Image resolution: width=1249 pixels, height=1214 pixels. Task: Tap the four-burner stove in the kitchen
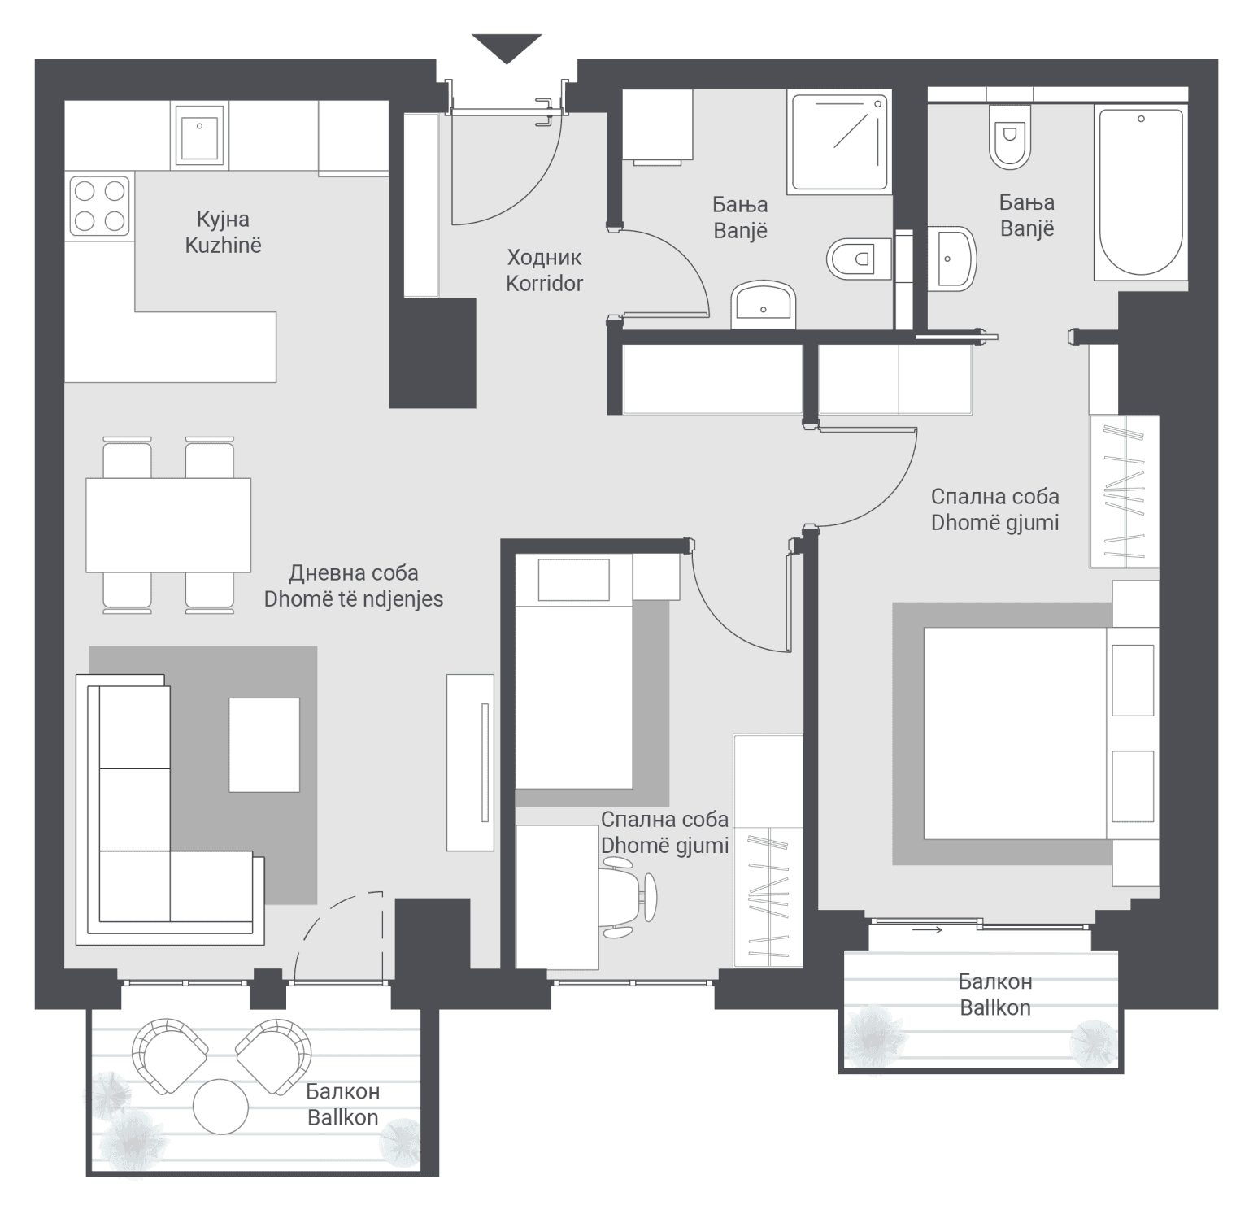[x=100, y=207]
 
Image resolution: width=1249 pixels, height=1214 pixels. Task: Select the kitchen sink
[x=199, y=136]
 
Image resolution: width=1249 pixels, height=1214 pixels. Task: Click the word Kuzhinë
[x=223, y=246]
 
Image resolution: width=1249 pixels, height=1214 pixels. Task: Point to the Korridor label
[x=544, y=284]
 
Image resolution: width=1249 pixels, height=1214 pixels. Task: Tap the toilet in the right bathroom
[x=1011, y=136]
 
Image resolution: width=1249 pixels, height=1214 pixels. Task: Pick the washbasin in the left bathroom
[x=763, y=306]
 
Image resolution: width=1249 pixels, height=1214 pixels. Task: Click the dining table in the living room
[x=168, y=524]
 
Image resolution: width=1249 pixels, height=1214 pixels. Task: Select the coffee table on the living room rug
[x=264, y=745]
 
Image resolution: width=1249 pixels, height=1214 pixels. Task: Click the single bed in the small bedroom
[x=574, y=671]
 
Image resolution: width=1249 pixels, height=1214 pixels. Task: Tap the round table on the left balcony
[x=220, y=1106]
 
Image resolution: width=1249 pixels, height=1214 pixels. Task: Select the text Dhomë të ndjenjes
[x=354, y=599]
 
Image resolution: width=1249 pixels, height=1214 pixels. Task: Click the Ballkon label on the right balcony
[x=995, y=1008]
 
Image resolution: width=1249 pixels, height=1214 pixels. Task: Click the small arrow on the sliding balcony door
[x=927, y=929]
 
